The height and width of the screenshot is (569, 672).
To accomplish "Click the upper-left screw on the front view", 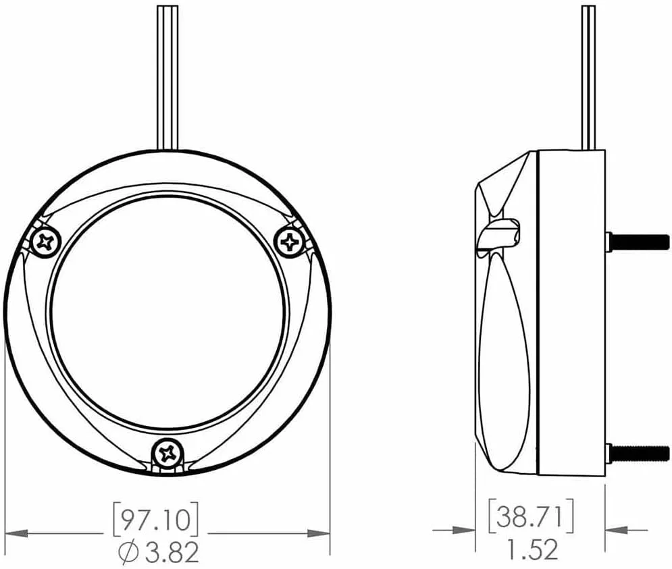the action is [x=45, y=242].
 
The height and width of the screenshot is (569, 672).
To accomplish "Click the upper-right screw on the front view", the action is [x=290, y=242].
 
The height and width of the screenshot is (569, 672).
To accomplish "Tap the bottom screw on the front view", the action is [x=167, y=452].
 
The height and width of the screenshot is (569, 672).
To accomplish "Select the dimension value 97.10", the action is [x=155, y=520].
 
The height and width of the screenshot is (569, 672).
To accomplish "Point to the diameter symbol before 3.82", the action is [x=128, y=553].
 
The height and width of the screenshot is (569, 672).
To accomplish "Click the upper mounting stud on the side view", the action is [x=638, y=241].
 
